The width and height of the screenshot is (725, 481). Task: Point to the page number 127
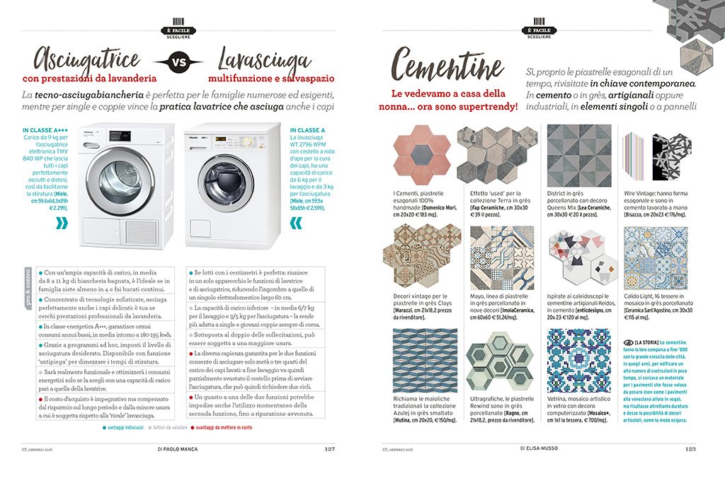point(330,448)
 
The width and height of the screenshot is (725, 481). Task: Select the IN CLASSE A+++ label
point(45,131)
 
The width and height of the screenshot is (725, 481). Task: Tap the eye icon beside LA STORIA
point(628,342)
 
